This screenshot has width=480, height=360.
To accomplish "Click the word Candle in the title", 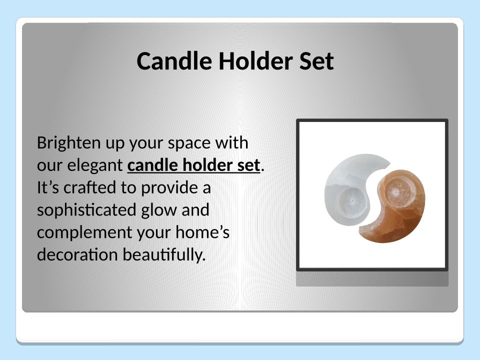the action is click(174, 61).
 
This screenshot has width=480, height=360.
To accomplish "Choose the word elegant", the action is click(95, 166).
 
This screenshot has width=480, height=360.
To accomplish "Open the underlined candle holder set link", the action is click(194, 165).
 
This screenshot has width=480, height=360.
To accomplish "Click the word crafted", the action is click(89, 187).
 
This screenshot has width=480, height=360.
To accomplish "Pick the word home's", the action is click(202, 232).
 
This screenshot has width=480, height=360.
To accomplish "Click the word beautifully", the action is click(164, 255).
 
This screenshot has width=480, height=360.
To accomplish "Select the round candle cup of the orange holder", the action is click(395, 191).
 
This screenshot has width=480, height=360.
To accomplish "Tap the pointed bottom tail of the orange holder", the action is click(361, 228).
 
